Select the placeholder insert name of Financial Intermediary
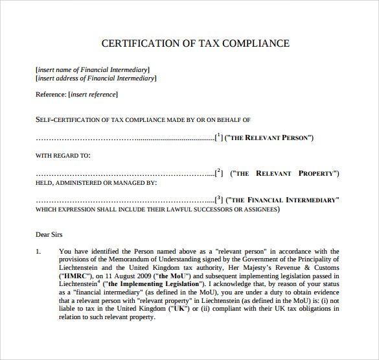[93, 69]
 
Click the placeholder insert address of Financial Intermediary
[96, 78]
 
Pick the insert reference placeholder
[93, 95]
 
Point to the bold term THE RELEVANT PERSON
[272, 138]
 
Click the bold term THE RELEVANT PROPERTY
[285, 174]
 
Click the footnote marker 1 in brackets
[219, 136]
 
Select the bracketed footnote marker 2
[219, 173]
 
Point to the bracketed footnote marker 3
[219, 199]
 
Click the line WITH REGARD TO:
[63, 156]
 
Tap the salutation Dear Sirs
[49, 234]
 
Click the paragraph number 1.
[38, 252]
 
